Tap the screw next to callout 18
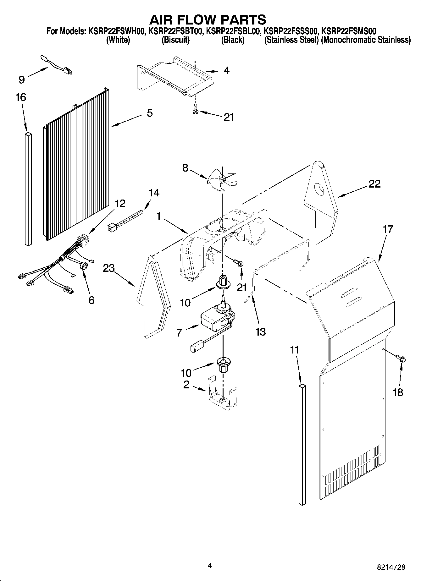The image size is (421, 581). coord(401,358)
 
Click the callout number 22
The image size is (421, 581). coord(374,184)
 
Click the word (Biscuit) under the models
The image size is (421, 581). coord(175,40)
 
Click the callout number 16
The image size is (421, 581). coord(21,97)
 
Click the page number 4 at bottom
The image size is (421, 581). coord(210,566)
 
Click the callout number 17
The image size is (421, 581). coord(388,229)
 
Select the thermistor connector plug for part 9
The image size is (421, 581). coord(67,71)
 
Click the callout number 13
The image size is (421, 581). coord(261,331)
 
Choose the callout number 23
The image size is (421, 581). coord(109,268)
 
